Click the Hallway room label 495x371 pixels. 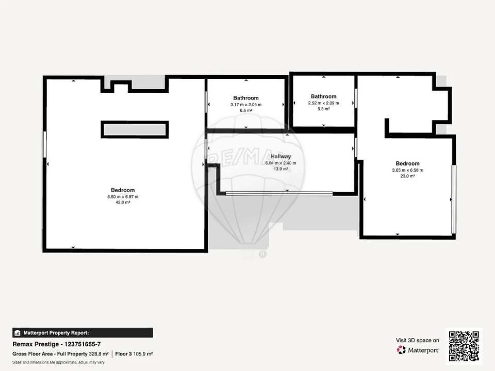[280, 157]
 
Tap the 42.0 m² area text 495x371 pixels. [123, 202]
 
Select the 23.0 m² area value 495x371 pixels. [407, 176]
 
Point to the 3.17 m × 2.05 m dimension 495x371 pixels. [246, 105]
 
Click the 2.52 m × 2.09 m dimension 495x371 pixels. [324, 103]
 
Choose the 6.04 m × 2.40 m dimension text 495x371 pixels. [280, 163]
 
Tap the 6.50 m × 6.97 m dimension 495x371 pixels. [123, 196]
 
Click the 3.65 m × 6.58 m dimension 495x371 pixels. [407, 170]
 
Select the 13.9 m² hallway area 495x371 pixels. [280, 169]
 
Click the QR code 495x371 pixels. [464, 346]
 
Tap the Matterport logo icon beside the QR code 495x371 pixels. [401, 350]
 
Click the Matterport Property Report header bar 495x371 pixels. [82, 333]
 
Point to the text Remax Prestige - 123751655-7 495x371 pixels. [57, 344]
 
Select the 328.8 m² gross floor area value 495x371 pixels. [99, 354]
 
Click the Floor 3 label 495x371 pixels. [123, 354]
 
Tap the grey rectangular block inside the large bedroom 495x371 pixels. [135, 130]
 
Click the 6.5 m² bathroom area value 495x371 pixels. [246, 110]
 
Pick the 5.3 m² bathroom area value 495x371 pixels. [324, 109]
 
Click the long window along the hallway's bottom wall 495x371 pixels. [279, 194]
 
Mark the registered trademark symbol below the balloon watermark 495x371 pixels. [262, 254]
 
